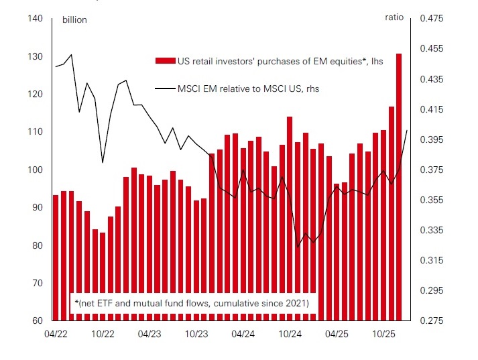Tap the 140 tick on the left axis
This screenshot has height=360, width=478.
[x=36, y=19]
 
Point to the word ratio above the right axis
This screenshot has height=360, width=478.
[x=395, y=18]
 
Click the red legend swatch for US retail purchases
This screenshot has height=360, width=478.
[x=165, y=61]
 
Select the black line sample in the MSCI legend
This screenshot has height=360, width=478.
[x=165, y=88]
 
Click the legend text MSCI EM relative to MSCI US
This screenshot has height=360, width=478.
[x=248, y=88]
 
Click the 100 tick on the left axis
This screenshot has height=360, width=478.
[x=36, y=170]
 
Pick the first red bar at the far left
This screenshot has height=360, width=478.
[x=56, y=257]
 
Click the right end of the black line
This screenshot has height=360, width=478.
[x=407, y=130]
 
